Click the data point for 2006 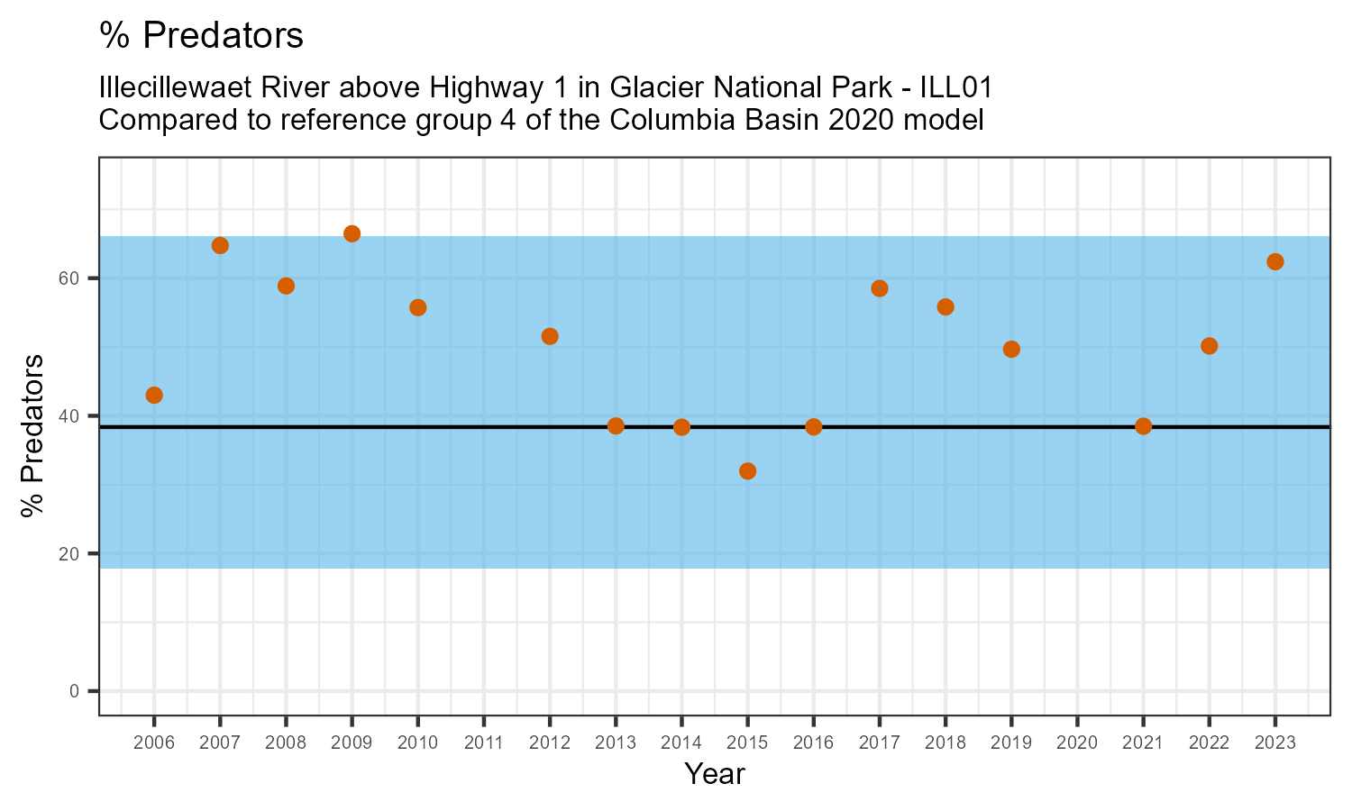(154, 395)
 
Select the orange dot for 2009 (352, 234)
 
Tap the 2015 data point (747, 471)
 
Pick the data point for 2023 (1274, 262)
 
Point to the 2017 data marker (880, 288)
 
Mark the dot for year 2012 (550, 336)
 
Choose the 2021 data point (1143, 426)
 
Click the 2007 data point (220, 246)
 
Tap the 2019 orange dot (1011, 350)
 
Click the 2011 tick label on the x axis (484, 743)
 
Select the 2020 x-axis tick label (1077, 743)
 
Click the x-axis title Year (714, 774)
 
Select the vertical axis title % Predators (33, 436)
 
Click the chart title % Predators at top (201, 36)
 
